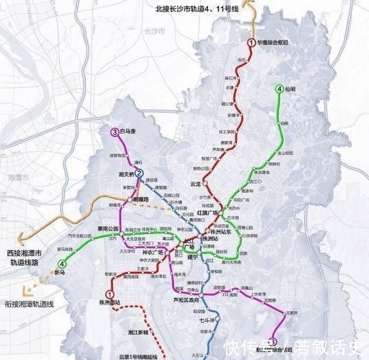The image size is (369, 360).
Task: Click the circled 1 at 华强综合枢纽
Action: (x=251, y=43)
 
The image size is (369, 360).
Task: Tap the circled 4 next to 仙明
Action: (x=279, y=89)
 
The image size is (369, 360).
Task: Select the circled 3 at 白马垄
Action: (x=114, y=132)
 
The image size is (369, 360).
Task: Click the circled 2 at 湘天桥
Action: (x=139, y=174)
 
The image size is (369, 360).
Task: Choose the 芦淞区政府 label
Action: (x=185, y=300)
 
